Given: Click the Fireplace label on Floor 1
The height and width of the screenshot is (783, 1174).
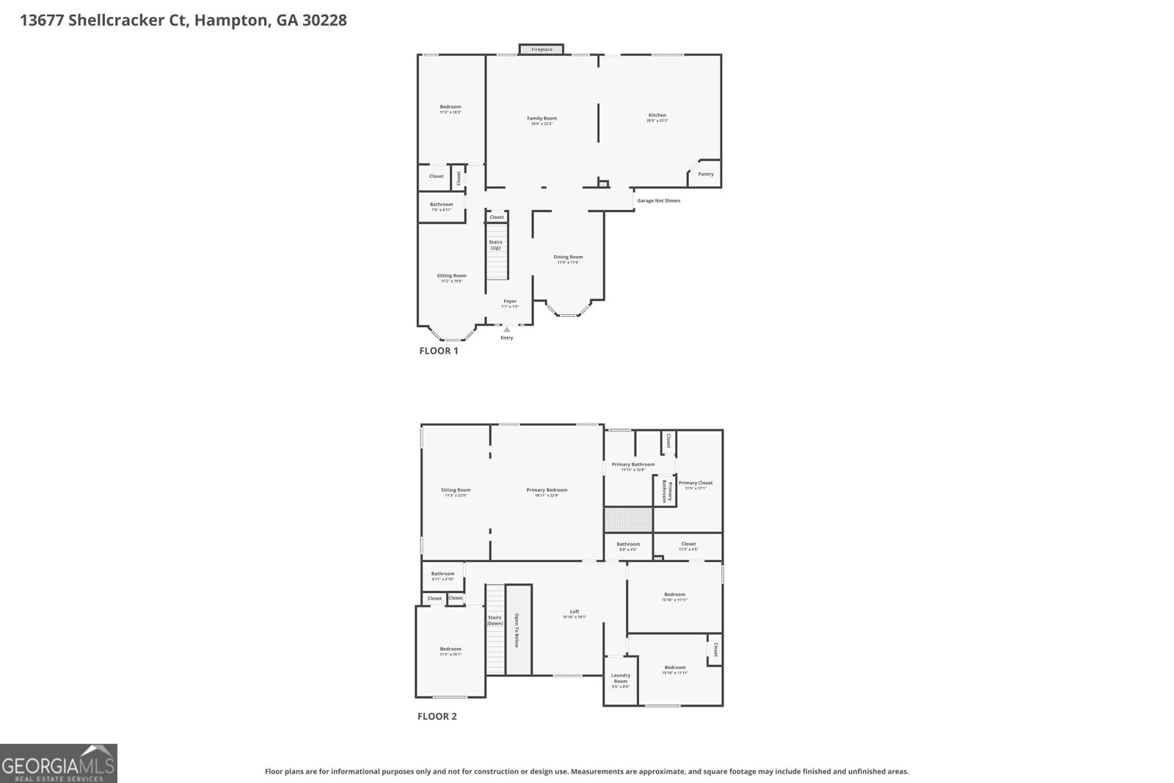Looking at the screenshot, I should coord(542,49).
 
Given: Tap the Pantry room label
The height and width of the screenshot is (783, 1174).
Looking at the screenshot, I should coord(705,174).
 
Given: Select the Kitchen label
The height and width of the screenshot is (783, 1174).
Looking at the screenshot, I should coord(657,115).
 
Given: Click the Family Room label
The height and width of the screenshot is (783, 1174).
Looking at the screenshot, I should coord(542,118).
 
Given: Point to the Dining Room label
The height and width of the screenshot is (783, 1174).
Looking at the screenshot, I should coord(568,257).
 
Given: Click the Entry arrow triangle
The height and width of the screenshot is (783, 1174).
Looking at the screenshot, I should coord(506,329).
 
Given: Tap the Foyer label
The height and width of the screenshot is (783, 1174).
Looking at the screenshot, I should coord(509,301).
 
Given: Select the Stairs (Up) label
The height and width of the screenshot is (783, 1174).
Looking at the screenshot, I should coord(495,244).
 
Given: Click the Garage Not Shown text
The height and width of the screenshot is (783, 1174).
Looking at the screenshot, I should coord(658,200).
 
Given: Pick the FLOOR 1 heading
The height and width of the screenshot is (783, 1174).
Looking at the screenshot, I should coord(438,351).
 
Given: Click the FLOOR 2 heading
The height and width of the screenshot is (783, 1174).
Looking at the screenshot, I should coord(437,716).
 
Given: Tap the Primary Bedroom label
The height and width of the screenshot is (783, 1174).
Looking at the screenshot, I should coord(547,490).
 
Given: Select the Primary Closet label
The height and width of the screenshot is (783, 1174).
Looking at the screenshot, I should coord(695,483).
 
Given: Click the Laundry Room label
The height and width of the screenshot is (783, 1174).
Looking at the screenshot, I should coord(621,678).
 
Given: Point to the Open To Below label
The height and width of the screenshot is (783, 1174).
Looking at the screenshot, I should coord(517,630).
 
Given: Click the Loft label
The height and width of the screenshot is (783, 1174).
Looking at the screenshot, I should coord(575,611).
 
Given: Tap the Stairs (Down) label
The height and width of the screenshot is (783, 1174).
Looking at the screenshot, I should coord(495,620).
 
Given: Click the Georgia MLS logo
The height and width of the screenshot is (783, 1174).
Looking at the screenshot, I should coord(58,763).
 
